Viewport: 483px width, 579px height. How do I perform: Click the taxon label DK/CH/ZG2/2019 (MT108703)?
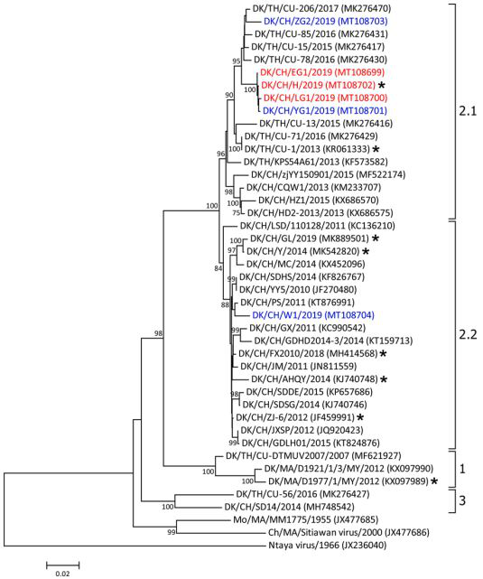coord(325,21)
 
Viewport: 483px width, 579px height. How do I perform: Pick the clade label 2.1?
coord(468,110)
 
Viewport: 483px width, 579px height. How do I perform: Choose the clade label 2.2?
coord(468,334)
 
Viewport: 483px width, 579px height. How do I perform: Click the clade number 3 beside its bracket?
coord(462,500)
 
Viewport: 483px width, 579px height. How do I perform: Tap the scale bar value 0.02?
coord(62,574)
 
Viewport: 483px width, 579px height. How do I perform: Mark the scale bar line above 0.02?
coord(62,565)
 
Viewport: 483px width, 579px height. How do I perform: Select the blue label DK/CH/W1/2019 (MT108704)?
coord(313,315)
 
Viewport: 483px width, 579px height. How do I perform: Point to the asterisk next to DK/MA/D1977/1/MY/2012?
coord(435,481)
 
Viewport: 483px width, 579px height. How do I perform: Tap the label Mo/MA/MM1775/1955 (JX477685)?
coord(305,519)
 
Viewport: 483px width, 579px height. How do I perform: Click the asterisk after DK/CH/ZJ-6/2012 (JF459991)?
coord(359,417)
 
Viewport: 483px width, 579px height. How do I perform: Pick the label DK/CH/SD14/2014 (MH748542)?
coord(289,507)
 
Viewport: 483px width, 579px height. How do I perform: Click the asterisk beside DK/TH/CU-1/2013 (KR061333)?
coord(376,149)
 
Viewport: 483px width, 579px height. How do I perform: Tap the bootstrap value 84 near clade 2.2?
coord(218,268)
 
